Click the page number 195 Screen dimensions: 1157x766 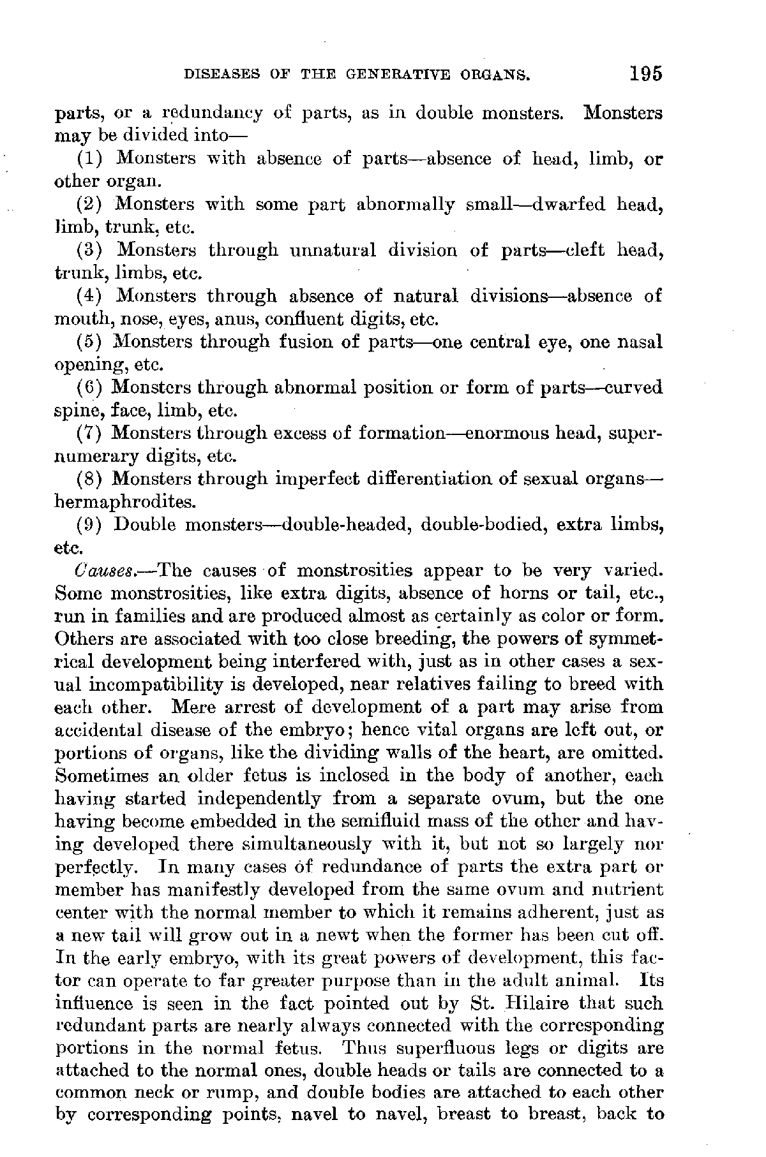(645, 73)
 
